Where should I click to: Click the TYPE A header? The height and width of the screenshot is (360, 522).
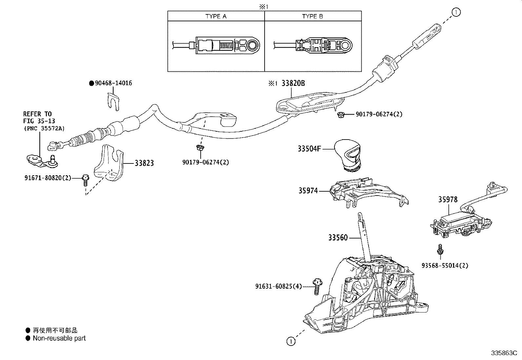tap(216, 16)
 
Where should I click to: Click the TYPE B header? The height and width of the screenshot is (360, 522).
tap(312, 16)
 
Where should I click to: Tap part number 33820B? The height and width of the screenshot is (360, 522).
tap(293, 83)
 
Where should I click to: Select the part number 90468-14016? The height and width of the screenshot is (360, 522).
tap(113, 83)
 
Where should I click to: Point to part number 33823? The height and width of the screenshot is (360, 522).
tap(144, 163)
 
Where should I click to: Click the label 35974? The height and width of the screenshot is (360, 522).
tap(308, 191)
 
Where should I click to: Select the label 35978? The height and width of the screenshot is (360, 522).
tap(448, 199)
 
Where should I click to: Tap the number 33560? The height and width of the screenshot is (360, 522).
tap(338, 238)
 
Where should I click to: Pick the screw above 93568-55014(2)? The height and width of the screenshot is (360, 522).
tap(440, 249)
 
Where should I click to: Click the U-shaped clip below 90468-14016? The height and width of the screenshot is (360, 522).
tap(113, 102)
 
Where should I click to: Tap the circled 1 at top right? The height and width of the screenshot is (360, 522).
tap(456, 12)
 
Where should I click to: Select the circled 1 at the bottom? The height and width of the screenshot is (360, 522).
tap(291, 342)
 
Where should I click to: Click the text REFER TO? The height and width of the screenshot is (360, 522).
tap(37, 114)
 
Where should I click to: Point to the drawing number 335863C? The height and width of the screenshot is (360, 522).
tap(504, 353)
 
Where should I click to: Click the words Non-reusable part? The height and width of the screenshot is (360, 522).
tap(59, 338)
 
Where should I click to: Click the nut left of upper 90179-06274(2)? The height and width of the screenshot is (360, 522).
tap(340, 115)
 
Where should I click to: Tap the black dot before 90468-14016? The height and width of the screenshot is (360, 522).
tap(91, 83)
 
